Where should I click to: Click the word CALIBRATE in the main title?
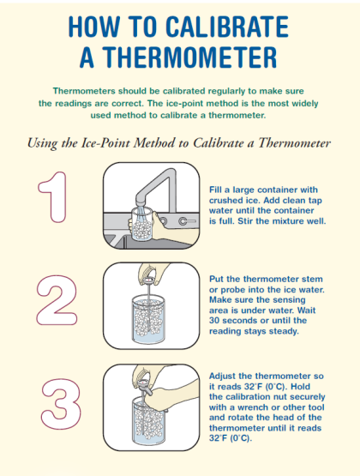coord(227,27)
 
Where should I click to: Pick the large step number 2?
coord(57,300)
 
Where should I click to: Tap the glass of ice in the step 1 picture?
coord(141,225)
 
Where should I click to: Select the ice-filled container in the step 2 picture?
coord(148,319)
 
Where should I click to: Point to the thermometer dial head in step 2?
coord(148,280)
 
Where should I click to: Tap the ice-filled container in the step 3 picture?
coord(149,421)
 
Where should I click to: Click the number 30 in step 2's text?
coord(214,321)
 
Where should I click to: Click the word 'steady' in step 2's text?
coord(283,331)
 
